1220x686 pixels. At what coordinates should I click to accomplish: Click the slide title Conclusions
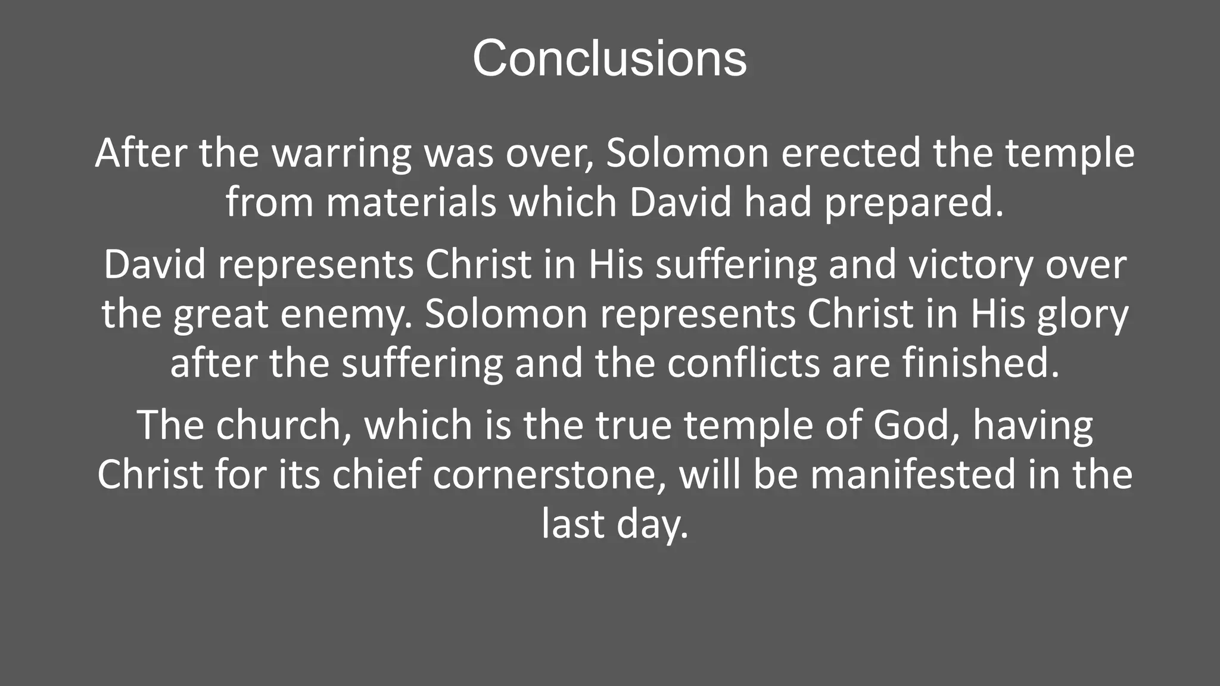point(609,58)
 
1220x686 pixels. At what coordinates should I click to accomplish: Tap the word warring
point(341,154)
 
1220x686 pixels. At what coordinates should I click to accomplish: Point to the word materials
point(411,203)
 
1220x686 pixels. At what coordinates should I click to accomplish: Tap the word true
point(633,425)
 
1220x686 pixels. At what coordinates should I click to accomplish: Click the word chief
point(376,475)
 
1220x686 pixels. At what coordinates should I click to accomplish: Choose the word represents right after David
point(316,265)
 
